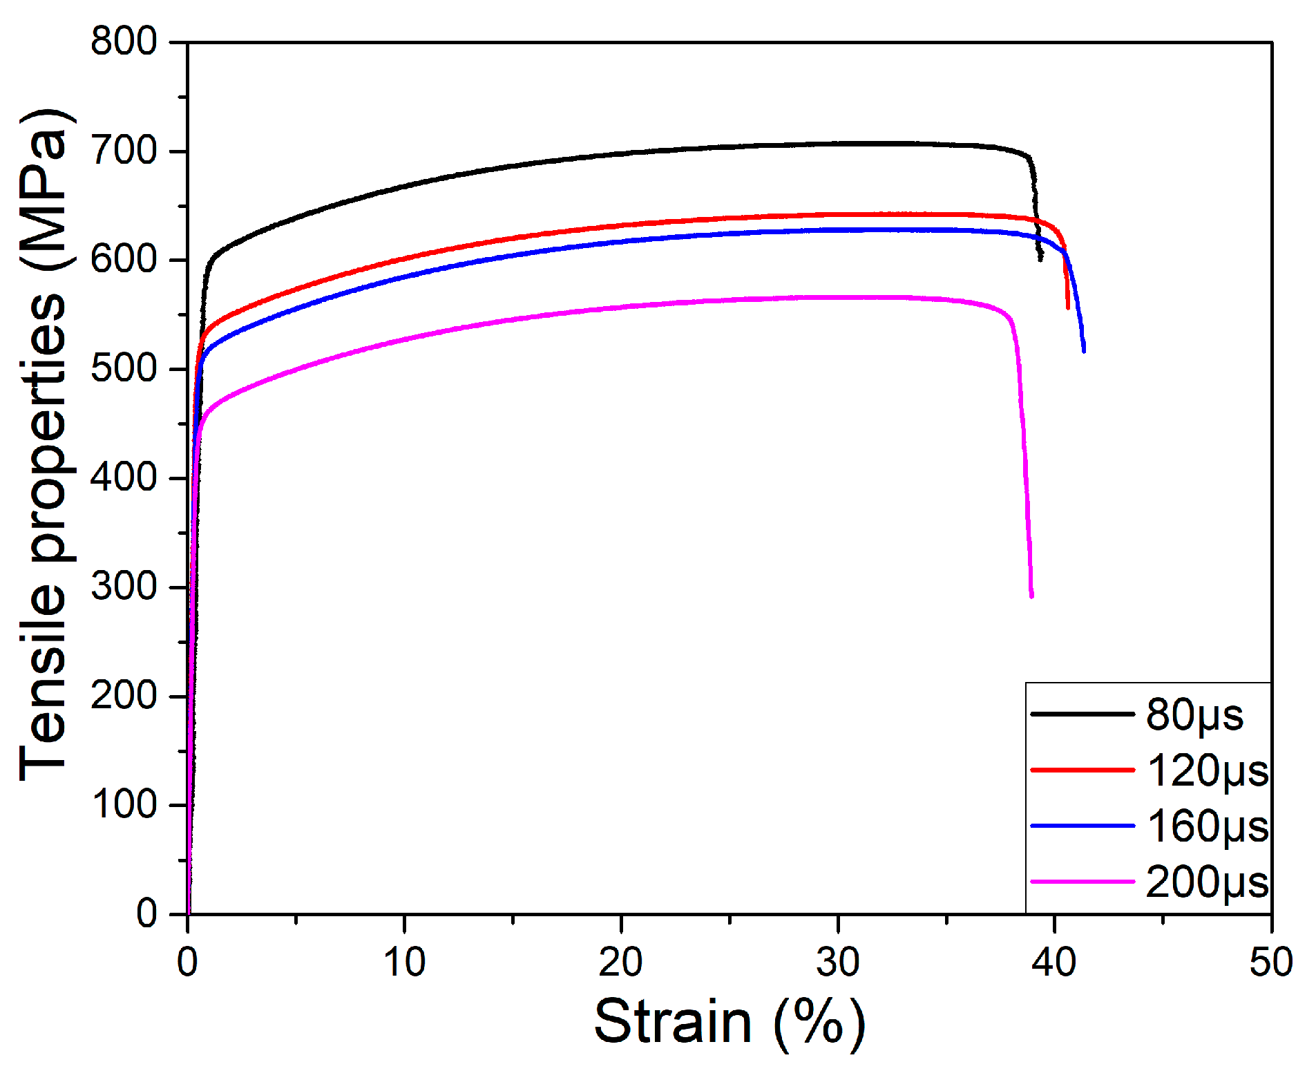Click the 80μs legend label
tap(1194, 714)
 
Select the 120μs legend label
tap(1208, 770)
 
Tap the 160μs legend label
tap(1208, 826)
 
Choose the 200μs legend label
tap(1207, 882)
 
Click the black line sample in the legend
tap(1082, 714)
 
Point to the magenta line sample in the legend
tap(1082, 882)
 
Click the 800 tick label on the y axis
tap(124, 41)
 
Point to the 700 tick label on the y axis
tap(124, 151)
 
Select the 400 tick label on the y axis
tap(124, 477)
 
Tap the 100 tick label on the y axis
tap(124, 804)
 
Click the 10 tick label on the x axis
tap(404, 962)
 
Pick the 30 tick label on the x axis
tap(838, 962)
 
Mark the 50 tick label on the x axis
tap(1271, 962)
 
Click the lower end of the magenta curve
tap(1031, 596)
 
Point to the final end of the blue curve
tap(1083, 351)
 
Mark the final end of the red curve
tap(1068, 307)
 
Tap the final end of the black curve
tap(1040, 260)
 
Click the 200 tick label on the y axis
tap(124, 696)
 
